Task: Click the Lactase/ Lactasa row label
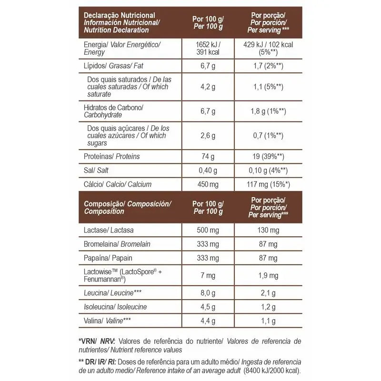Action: [109, 231]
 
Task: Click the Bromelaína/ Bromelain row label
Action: [117, 244]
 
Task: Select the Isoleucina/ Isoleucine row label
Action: [115, 307]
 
